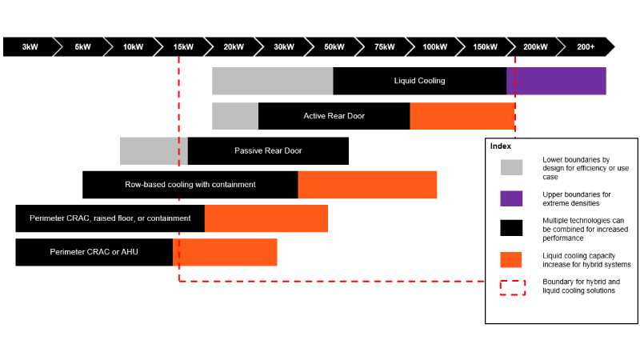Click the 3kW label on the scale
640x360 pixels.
point(30,47)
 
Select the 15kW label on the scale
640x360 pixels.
point(183,47)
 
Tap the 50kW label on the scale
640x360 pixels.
point(334,47)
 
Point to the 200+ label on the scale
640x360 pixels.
point(586,47)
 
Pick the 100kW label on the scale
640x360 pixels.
point(434,47)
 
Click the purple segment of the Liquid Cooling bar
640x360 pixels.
point(557,81)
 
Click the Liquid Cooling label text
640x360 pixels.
point(419,81)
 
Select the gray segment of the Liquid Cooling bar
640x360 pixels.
point(272,81)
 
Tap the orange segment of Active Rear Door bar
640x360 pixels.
point(462,116)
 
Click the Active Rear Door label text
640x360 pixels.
point(334,116)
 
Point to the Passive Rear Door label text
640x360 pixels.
point(268,150)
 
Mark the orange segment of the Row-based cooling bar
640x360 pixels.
point(367,185)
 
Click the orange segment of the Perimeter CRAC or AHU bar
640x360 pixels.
point(225,252)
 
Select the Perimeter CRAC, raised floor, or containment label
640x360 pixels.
point(110,218)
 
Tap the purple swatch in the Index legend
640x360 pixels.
point(511,198)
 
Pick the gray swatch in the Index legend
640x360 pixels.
point(511,167)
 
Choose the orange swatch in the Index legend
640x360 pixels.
point(511,259)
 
